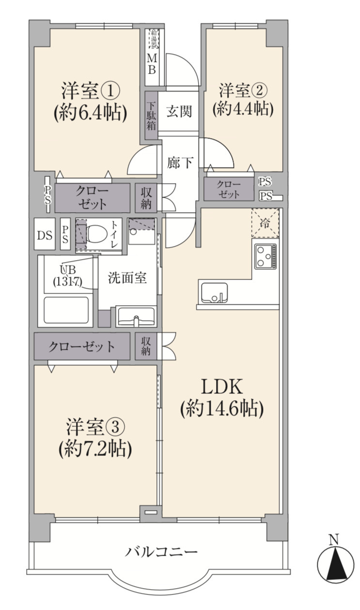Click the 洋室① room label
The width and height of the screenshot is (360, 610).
click(90, 91)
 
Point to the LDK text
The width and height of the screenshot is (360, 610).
click(221, 388)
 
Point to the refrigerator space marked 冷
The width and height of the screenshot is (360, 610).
click(265, 223)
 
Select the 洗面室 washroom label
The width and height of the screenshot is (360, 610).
click(127, 279)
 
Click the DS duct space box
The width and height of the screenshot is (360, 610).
click(45, 235)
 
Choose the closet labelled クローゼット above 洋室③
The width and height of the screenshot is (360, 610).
click(81, 346)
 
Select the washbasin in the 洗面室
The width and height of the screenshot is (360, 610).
click(136, 317)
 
